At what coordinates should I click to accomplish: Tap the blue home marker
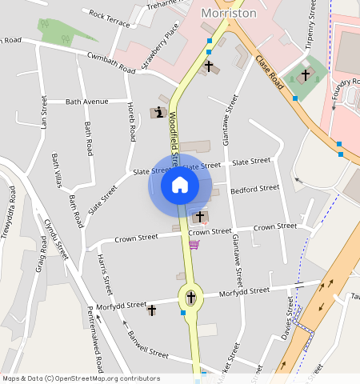(180, 186)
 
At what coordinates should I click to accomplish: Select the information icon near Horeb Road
(161, 113)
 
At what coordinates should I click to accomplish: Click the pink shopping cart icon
(194, 243)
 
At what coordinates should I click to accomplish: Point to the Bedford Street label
(254, 190)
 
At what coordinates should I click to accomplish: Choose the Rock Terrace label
(110, 18)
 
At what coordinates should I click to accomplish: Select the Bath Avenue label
(86, 102)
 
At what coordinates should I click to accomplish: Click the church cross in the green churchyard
(305, 75)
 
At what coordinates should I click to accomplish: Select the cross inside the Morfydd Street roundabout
(190, 298)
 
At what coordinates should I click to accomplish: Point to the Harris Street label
(106, 274)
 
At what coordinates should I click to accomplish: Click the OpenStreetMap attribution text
(80, 378)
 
